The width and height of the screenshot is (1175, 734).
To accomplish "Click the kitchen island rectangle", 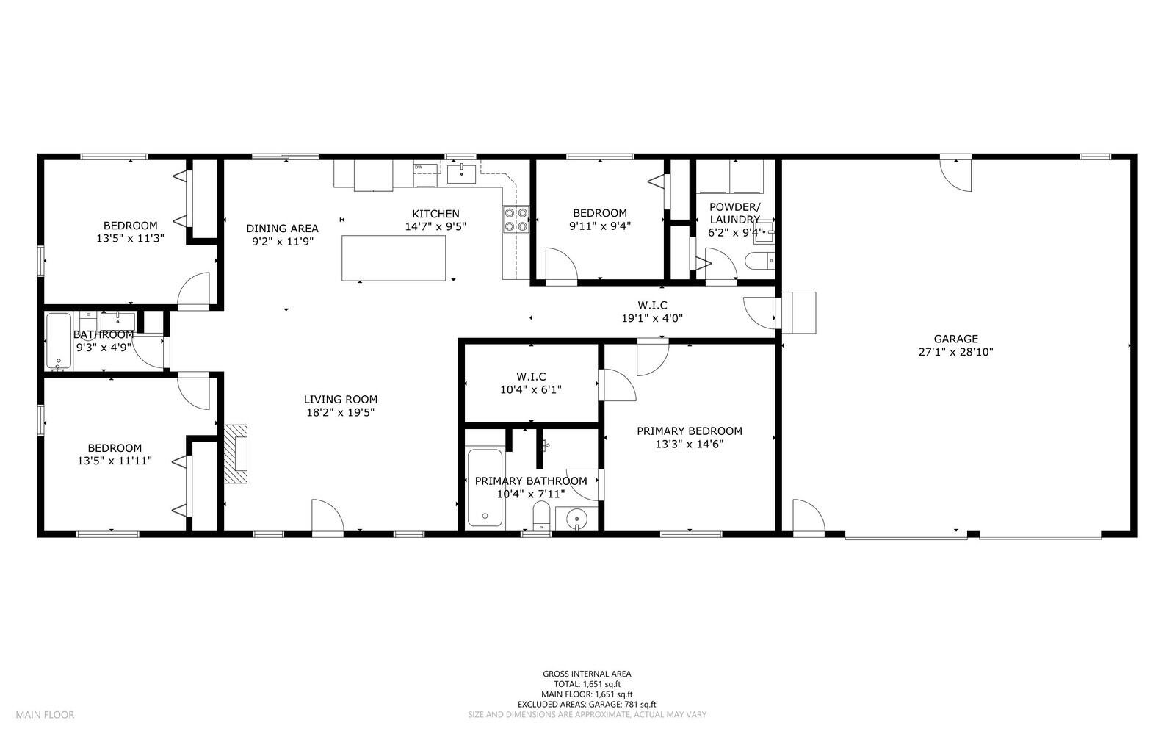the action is pyautogui.click(x=394, y=258).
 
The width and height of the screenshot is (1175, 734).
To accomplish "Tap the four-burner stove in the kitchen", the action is pyautogui.click(x=516, y=219).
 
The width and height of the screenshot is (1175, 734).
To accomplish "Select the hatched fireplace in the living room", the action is pyautogui.click(x=236, y=454).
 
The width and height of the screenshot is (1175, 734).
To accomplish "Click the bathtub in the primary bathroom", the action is pyautogui.click(x=485, y=487).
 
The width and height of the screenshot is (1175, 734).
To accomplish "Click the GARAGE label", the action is pyautogui.click(x=955, y=339).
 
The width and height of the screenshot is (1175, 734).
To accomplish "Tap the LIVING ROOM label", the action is pyautogui.click(x=341, y=399).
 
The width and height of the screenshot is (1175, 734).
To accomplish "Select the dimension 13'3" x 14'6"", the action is pyautogui.click(x=690, y=444).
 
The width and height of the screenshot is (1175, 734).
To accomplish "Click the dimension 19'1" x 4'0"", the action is pyautogui.click(x=652, y=318).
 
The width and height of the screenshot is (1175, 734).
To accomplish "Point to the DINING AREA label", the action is pyautogui.click(x=282, y=229).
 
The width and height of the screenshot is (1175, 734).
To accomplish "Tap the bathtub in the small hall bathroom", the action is pyautogui.click(x=58, y=341).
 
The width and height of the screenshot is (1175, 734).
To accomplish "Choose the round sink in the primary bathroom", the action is pyautogui.click(x=576, y=519).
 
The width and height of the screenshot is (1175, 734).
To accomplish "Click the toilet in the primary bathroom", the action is pyautogui.click(x=541, y=516).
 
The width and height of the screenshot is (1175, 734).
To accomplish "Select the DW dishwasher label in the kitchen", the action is pyautogui.click(x=419, y=168).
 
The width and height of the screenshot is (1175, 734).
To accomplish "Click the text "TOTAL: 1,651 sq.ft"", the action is pyautogui.click(x=587, y=683).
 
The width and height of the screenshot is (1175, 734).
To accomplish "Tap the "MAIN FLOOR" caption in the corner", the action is pyautogui.click(x=45, y=715).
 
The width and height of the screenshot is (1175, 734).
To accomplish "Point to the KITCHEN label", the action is pyautogui.click(x=435, y=214).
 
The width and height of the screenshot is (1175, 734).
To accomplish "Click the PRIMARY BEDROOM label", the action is pyautogui.click(x=690, y=431).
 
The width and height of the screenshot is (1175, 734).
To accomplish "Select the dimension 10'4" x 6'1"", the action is pyautogui.click(x=531, y=390).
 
